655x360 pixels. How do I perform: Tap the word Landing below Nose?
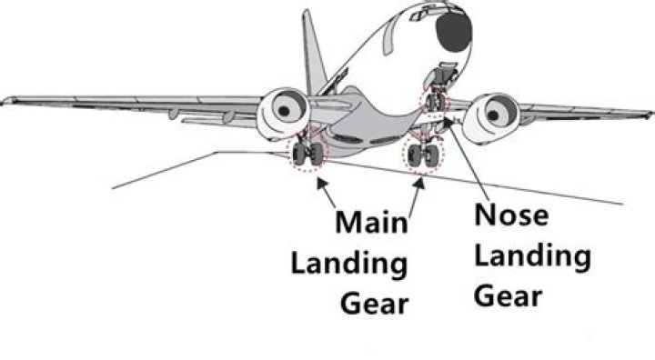click(533, 257)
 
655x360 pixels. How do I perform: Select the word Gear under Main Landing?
click(373, 304)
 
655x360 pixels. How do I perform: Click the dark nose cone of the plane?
click(452, 33)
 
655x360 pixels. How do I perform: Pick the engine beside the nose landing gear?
click(494, 114)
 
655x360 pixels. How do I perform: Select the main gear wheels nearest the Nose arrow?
click(420, 155)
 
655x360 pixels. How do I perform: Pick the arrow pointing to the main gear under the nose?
click(419, 182)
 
